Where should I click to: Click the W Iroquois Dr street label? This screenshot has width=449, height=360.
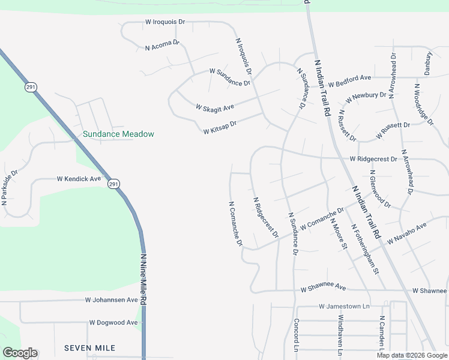tap(166, 22)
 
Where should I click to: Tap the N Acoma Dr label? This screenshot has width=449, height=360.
tap(163, 45)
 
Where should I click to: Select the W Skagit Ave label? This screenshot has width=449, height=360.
tap(214, 107)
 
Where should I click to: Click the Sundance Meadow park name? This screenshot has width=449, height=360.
tap(119, 134)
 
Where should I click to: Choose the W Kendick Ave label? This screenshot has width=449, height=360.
tap(79, 179)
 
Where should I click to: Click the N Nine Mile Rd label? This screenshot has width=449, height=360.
tap(143, 280)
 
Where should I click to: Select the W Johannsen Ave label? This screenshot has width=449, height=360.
tap(112, 299)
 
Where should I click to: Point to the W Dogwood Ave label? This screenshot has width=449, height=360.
tap(113, 322)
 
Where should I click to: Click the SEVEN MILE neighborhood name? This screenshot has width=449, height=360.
tap(89, 348)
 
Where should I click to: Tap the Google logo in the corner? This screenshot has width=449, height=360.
tap(20, 353)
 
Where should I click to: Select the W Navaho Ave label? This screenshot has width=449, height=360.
tap(406, 233)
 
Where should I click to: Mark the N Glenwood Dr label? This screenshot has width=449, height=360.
tap(381, 192)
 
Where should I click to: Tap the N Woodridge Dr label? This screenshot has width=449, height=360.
tap(423, 104)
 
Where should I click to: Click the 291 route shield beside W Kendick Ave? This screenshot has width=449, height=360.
tap(113, 184)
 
